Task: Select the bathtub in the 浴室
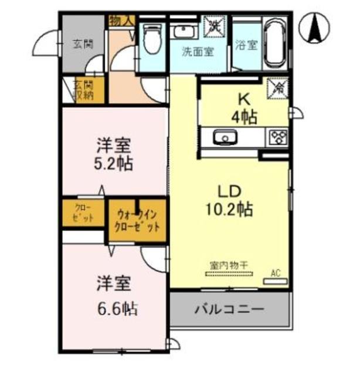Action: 274,43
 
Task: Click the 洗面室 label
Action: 197,52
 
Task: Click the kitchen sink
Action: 223,138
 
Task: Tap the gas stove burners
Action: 277,137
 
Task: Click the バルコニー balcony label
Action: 229,309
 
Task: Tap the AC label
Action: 276,272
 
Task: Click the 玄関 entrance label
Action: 83,43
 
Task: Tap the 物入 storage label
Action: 122,21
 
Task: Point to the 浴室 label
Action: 246,45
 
